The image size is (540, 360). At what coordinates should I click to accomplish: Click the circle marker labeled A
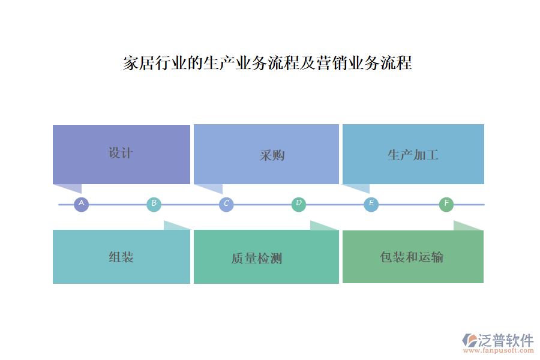pos(81,204)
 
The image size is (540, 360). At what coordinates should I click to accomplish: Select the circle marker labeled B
pos(154,204)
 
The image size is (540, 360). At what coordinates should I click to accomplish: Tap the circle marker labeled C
pos(226,204)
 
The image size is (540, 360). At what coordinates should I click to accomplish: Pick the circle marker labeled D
pos(299,204)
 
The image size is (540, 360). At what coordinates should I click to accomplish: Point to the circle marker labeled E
pos(371,204)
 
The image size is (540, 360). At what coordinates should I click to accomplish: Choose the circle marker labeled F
pos(446,204)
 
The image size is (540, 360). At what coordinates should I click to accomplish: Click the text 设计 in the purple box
pos(121,153)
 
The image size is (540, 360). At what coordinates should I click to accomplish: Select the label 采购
pos(272,155)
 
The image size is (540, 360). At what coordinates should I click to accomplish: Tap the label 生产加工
pos(413,155)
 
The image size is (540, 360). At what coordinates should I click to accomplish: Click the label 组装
pos(121,257)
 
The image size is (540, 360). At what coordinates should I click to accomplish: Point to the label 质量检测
pos(257,259)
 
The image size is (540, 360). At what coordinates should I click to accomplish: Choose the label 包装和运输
pos(412,257)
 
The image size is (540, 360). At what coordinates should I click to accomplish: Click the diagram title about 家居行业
pos(268,63)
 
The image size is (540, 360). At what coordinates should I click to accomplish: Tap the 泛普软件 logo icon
pos(470,340)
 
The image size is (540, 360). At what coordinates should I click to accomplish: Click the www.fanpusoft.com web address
pos(499,350)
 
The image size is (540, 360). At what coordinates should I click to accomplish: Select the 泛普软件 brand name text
pos(506,340)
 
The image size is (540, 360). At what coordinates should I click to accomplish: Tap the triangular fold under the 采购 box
pos(213,188)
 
